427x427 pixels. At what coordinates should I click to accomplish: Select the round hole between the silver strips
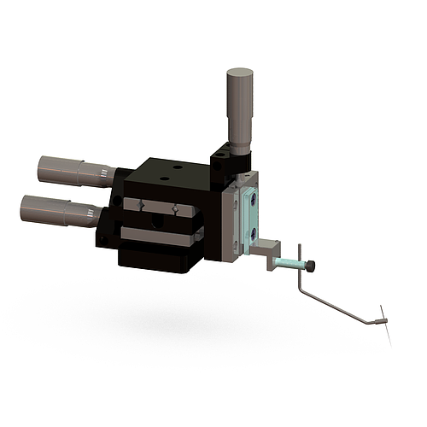tap(155, 220)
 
